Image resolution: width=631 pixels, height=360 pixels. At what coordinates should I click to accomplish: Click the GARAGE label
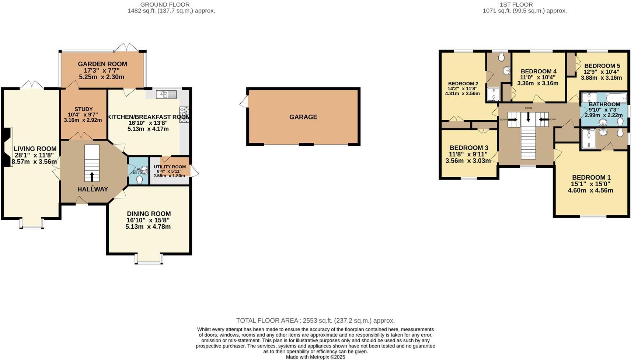[303, 117]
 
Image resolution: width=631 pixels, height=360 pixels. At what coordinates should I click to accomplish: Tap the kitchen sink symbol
[167, 95]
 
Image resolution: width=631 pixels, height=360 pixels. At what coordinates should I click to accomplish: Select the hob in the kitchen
[184, 114]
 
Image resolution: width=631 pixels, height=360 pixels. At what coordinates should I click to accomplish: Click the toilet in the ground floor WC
[140, 179]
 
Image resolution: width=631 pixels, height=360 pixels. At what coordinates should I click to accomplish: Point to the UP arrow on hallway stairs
[92, 176]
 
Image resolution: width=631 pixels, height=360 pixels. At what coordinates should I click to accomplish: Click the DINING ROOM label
[149, 214]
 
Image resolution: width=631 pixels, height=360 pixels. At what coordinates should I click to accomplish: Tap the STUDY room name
[83, 109]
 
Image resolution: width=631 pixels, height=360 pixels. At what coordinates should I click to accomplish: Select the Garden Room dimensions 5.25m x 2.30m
[101, 77]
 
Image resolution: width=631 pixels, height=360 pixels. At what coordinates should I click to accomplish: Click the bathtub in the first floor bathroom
[616, 98]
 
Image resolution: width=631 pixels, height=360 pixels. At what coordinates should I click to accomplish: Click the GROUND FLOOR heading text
[165, 5]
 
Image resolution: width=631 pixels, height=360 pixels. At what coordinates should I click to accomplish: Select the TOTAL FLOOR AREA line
[315, 321]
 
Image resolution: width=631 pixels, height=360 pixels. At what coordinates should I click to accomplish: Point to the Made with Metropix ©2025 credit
[315, 357]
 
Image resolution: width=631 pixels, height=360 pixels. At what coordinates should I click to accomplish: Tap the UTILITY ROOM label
[170, 167]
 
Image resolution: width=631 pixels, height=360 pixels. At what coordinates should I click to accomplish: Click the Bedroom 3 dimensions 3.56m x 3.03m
[468, 161]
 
